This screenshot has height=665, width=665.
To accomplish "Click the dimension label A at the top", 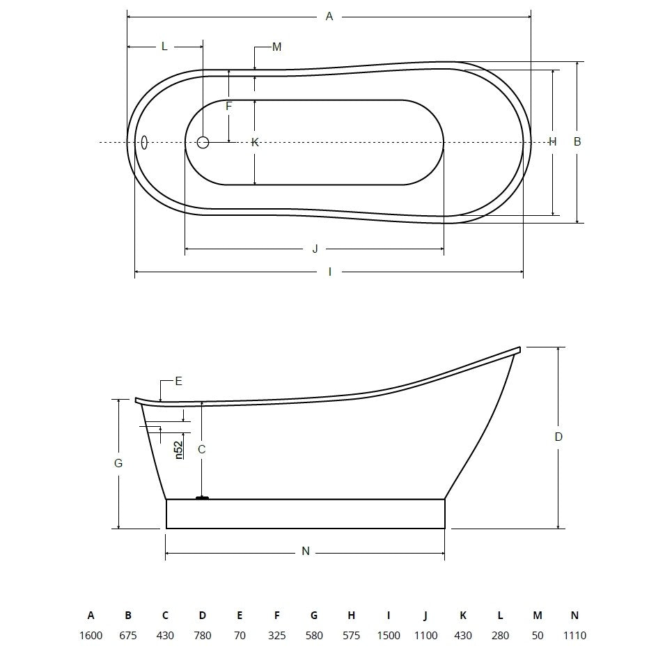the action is (329, 17).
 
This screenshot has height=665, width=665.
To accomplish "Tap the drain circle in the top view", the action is (203, 142).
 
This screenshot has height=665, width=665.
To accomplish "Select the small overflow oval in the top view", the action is (144, 143).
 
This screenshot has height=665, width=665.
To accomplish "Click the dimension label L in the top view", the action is (164, 46).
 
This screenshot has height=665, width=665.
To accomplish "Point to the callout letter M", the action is (277, 47).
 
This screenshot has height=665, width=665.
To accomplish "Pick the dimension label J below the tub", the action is (315, 249).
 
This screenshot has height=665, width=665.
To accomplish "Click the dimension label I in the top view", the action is (330, 272).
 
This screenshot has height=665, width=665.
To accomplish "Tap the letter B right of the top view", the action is (577, 141).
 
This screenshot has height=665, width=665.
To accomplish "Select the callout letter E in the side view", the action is (178, 382).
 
